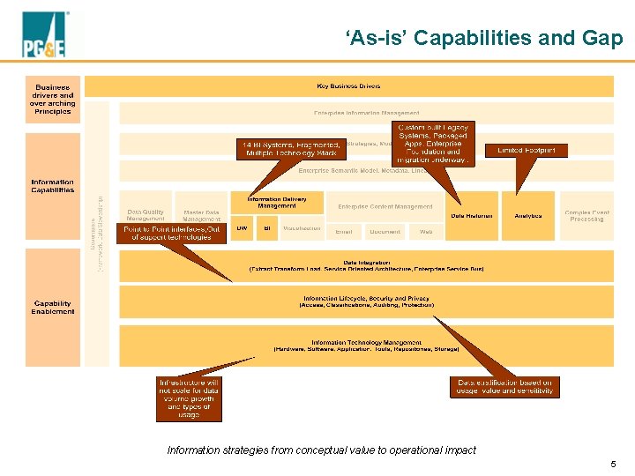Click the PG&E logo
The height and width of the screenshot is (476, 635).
point(45,35)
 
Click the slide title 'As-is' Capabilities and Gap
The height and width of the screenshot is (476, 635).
point(484,38)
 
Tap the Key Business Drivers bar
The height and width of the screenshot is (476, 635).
point(349,86)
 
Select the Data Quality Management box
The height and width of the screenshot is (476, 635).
point(146,215)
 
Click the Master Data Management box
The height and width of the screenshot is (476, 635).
point(201,215)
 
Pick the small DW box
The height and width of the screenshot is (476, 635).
point(242,228)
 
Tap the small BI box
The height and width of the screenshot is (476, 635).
point(266,228)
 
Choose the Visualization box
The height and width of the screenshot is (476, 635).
point(302,228)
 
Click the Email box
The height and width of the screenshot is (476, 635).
point(344,232)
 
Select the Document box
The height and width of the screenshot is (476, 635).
point(385,232)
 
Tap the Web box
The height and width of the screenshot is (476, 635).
point(426,232)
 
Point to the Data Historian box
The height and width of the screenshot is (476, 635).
point(472,216)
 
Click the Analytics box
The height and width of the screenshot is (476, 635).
point(528,216)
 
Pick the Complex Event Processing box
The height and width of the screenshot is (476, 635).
point(586,216)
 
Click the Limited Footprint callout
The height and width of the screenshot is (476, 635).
point(527,151)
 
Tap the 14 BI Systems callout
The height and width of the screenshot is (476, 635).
point(288,148)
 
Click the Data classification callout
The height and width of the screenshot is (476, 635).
point(504,387)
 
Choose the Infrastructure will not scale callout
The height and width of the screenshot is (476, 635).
point(189,399)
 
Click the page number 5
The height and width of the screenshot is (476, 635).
point(613,464)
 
